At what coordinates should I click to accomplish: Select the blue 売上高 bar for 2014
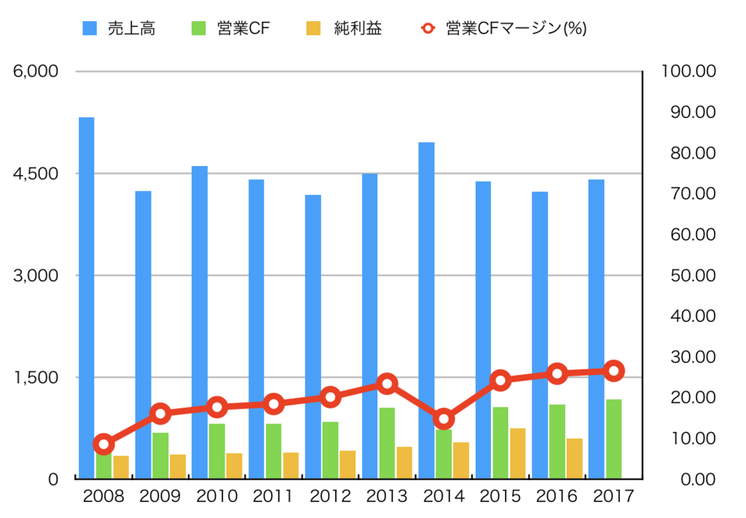coord(427,291)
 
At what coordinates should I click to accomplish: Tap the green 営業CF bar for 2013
coord(387,444)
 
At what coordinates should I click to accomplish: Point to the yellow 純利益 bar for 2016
coord(574,458)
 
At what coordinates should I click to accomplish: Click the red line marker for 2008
coord(104,444)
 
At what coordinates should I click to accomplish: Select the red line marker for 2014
coord(444,419)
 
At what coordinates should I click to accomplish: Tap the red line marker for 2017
coord(614,371)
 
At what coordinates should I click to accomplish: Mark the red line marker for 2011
coord(274,404)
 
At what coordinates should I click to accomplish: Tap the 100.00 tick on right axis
coord(688,71)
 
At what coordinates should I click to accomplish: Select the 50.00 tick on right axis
coord(688,275)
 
